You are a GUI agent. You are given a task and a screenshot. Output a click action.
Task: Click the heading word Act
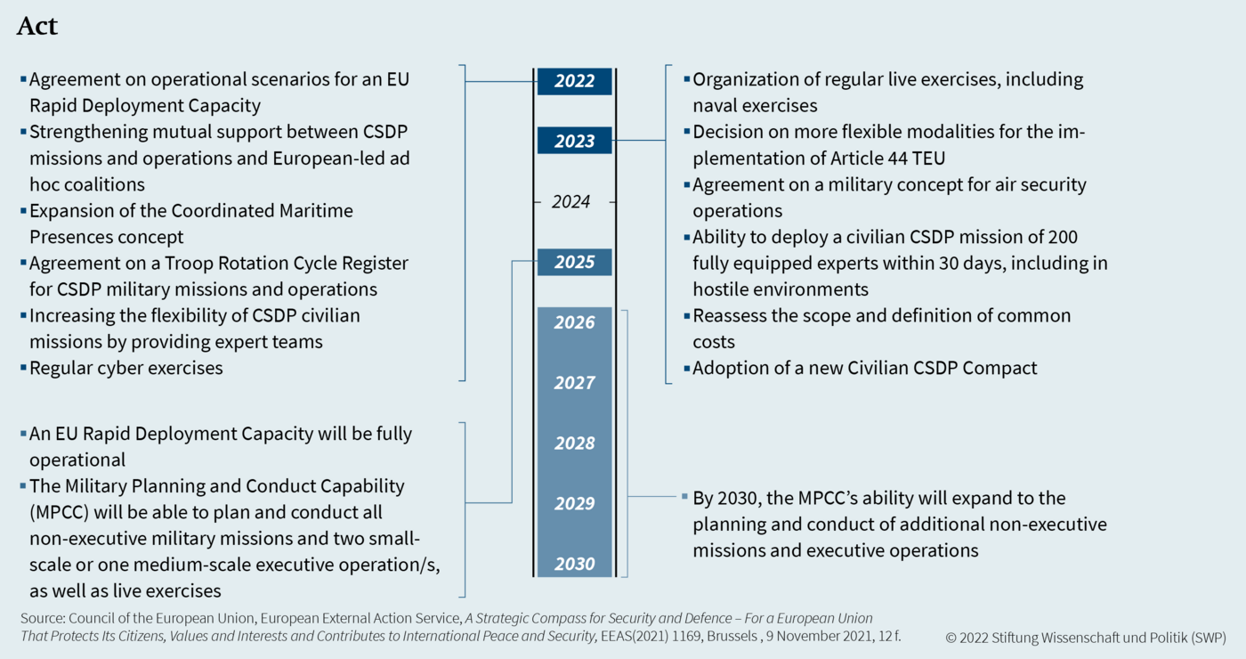click(37, 26)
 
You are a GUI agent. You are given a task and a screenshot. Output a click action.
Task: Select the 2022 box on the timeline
click(575, 81)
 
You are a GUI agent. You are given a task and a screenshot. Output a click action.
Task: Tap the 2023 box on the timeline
click(575, 141)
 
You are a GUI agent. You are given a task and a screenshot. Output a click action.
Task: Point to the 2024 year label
click(571, 201)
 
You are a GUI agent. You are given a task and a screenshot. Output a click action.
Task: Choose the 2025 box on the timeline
click(575, 262)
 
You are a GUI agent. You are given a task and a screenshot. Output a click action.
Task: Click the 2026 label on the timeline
click(575, 322)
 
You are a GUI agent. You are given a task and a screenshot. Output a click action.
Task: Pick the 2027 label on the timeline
click(575, 383)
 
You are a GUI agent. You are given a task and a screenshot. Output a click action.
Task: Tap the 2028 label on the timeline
click(575, 443)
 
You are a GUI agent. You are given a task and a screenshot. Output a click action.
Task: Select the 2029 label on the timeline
click(575, 504)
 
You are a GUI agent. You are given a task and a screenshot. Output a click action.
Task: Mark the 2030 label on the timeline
click(575, 564)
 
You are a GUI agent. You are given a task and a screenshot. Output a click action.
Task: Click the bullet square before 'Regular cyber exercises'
click(23, 367)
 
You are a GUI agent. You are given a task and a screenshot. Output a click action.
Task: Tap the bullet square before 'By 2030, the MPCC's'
click(684, 496)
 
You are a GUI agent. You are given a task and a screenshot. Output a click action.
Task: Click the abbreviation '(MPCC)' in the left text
click(60, 512)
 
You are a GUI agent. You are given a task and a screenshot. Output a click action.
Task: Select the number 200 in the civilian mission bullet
click(1062, 237)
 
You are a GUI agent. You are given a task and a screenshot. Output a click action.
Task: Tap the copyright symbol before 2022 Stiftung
click(951, 638)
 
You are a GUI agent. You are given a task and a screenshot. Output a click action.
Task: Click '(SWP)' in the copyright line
click(1209, 638)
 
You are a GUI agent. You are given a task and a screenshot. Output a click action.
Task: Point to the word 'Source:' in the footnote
click(43, 618)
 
